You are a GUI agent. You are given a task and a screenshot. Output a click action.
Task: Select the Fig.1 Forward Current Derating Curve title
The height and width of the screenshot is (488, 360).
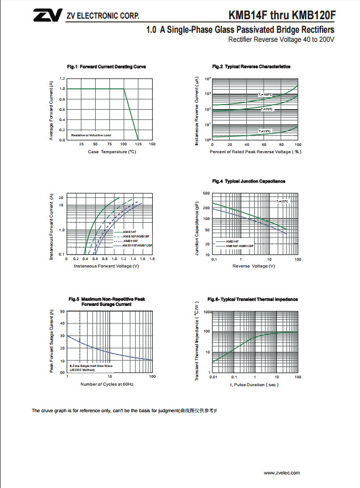click(106, 67)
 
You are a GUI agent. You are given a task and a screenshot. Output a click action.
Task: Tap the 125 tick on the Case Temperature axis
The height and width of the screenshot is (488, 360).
click(138, 144)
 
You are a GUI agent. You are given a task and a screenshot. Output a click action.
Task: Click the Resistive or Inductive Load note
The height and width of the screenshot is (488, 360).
click(91, 135)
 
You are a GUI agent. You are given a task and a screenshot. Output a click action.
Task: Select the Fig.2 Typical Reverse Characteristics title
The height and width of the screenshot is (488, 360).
click(251, 67)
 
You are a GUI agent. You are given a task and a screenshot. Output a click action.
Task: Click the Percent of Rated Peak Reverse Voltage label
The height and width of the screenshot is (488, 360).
click(255, 152)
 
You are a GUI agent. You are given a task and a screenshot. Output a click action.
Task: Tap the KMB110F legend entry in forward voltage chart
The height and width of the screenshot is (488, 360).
click(130, 241)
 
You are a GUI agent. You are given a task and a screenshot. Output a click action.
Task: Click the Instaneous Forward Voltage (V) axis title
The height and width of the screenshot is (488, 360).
click(106, 266)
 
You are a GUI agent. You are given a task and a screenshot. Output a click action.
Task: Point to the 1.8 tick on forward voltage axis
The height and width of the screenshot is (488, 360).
click(152, 258)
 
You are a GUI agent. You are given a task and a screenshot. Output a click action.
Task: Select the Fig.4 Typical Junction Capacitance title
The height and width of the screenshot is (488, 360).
click(248, 181)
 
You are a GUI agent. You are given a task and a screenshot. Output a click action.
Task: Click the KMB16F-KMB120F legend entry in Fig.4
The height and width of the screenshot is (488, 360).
click(240, 246)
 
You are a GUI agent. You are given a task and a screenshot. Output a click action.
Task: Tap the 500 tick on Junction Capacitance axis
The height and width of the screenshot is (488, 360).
click(207, 193)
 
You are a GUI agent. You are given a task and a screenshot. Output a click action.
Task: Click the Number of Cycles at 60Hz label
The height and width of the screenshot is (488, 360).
click(107, 385)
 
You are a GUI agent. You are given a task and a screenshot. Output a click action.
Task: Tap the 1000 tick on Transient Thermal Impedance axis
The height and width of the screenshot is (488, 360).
click(207, 312)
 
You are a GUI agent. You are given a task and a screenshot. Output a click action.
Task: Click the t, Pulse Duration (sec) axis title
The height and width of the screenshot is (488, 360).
click(254, 385)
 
